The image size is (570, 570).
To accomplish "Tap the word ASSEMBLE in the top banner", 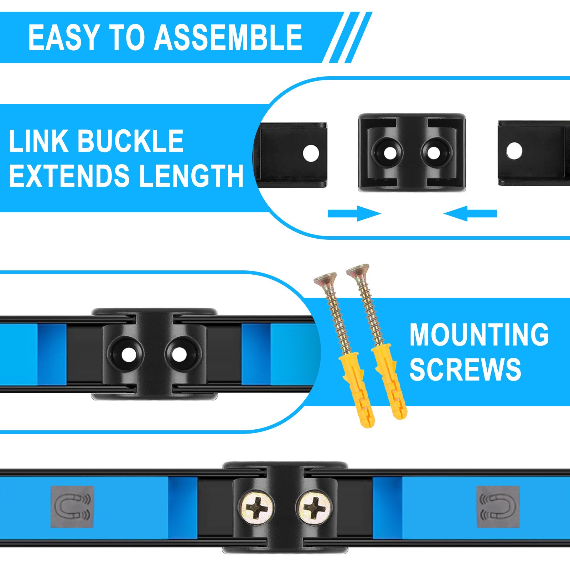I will tap(228, 38).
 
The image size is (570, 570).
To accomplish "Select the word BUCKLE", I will tap(130, 141).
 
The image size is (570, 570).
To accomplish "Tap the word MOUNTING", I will tap(479, 335).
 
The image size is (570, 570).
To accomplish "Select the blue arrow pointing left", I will tap(470, 213).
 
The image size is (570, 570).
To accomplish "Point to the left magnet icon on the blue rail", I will tap(72, 507).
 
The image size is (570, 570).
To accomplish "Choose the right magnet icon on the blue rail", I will tap(498, 506).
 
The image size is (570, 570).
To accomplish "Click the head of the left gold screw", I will tap(325, 279).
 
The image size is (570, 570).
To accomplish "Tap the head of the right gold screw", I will tap(357, 270).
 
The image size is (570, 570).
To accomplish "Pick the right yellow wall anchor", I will tap(390, 381).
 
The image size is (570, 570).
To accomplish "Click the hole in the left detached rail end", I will tap(311, 154).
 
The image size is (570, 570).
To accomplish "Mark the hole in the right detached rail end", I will tap(514, 151).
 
